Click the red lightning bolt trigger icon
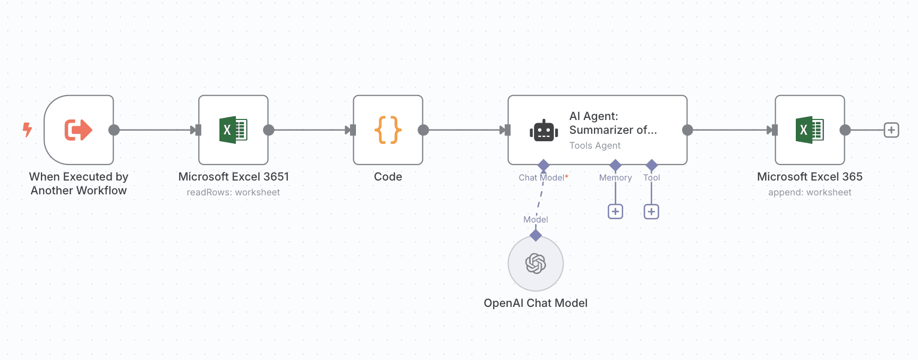pos(28,130)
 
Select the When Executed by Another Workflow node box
pos(79,130)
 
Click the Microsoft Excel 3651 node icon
pos(233,130)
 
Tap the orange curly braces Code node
pos(388,130)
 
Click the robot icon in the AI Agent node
pos(543,131)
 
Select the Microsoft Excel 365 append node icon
pos(810,130)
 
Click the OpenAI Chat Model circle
pos(535,263)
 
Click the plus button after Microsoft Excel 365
pos(891,130)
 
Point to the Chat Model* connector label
pos(543,178)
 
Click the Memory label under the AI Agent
pos(615,178)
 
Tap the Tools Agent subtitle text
pos(595,145)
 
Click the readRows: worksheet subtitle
pos(233,192)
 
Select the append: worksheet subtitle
pos(810,192)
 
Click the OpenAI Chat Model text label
pos(535,303)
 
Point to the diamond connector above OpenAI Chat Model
pos(535,235)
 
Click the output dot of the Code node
pos(423,130)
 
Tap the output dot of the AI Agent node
pos(687,130)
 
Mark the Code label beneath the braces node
pos(388,177)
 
